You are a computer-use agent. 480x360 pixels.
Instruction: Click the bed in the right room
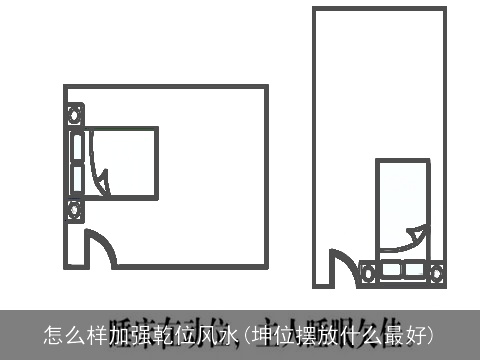[x=402, y=205]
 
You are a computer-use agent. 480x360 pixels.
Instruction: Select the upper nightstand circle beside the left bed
[x=73, y=113]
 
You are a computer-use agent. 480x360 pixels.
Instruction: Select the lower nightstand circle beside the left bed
[x=73, y=210]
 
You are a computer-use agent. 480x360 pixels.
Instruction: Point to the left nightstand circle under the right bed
[x=368, y=269]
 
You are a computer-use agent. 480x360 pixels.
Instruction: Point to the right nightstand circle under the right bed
[x=436, y=269]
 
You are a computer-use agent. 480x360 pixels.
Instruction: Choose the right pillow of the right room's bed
[x=414, y=269]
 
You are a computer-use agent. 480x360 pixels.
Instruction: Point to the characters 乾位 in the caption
[x=169, y=334]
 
